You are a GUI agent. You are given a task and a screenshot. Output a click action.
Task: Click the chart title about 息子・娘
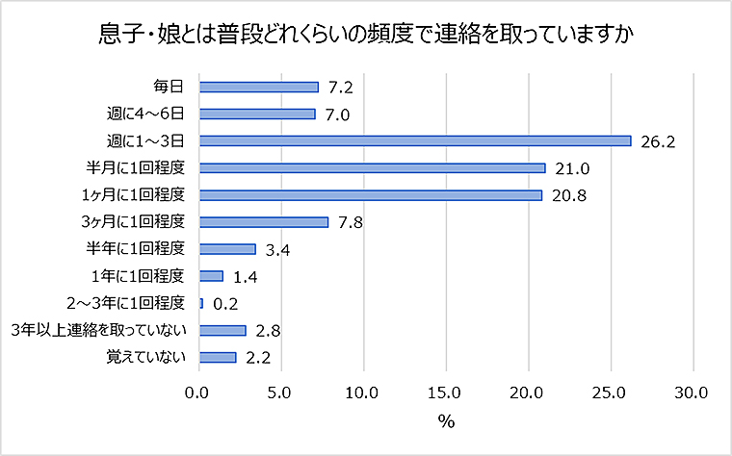[365, 34]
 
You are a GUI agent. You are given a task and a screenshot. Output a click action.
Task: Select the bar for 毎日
[258, 87]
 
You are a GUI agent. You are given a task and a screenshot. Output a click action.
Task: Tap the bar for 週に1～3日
[414, 140]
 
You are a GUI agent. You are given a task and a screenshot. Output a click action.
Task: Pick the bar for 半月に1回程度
[372, 167]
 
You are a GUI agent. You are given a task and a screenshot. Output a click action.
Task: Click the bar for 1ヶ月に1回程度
[370, 194]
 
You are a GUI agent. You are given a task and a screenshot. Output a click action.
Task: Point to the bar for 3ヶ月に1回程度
[263, 221]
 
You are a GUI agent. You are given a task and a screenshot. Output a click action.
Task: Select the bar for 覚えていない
[217, 357]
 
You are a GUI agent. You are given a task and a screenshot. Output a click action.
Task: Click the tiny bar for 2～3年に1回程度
[200, 303]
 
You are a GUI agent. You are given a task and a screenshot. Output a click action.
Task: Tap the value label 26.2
[659, 141]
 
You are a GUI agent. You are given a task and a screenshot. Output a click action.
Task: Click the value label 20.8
[569, 195]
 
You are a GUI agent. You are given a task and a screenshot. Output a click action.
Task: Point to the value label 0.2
[225, 304]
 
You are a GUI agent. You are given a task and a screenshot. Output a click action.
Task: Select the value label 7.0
[337, 114]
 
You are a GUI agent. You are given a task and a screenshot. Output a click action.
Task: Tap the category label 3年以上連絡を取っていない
[97, 330]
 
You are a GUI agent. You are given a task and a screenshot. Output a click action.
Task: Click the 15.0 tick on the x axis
[446, 393]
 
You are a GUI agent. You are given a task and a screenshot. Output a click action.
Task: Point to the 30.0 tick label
[693, 393]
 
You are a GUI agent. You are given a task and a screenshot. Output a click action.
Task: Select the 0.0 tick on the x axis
[198, 393]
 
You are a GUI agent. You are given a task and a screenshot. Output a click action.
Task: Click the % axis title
[446, 421]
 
